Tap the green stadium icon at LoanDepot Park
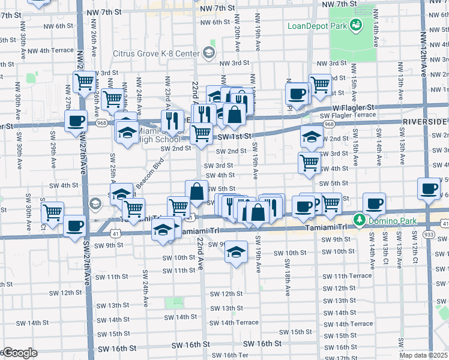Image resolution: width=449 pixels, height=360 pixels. coord(357,25)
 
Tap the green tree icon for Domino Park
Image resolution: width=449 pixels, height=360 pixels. coord(360,220)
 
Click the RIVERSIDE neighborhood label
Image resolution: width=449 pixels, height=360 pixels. coord(425,121)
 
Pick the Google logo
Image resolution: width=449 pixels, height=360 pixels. coord(19,353)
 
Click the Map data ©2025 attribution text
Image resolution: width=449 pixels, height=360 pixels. coord(424,355)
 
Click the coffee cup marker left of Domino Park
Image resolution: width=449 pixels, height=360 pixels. coord(374,204)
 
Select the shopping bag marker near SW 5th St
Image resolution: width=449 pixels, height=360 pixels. coord(196,191)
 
